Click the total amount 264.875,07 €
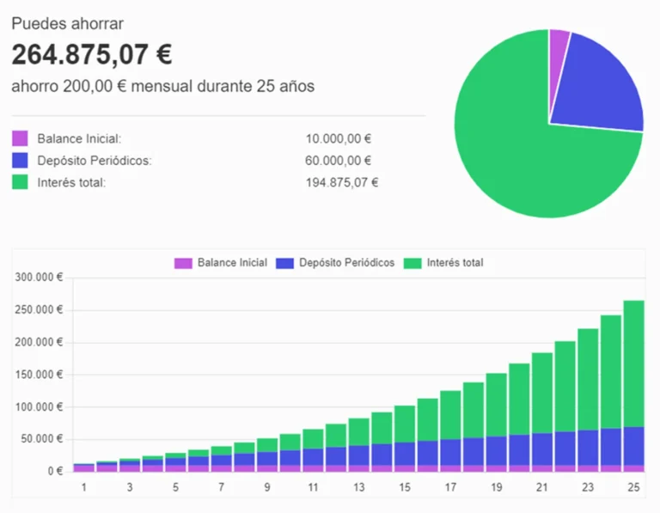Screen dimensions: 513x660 [92, 55]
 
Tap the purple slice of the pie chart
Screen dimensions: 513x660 [559, 41]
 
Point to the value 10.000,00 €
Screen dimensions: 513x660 [339, 138]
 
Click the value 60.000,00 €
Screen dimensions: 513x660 [339, 161]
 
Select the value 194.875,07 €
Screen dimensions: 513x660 [342, 182]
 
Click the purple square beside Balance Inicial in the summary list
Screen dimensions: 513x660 [20, 138]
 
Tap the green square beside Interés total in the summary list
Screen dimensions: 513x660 [20, 182]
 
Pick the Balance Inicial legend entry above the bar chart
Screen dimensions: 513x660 [221, 263]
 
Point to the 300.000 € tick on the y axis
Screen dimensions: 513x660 [39, 278]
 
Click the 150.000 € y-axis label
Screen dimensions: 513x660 [39, 375]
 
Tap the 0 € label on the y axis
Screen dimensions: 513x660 [54, 471]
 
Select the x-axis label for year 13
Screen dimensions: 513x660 [358, 487]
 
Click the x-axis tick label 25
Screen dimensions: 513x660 [633, 487]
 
